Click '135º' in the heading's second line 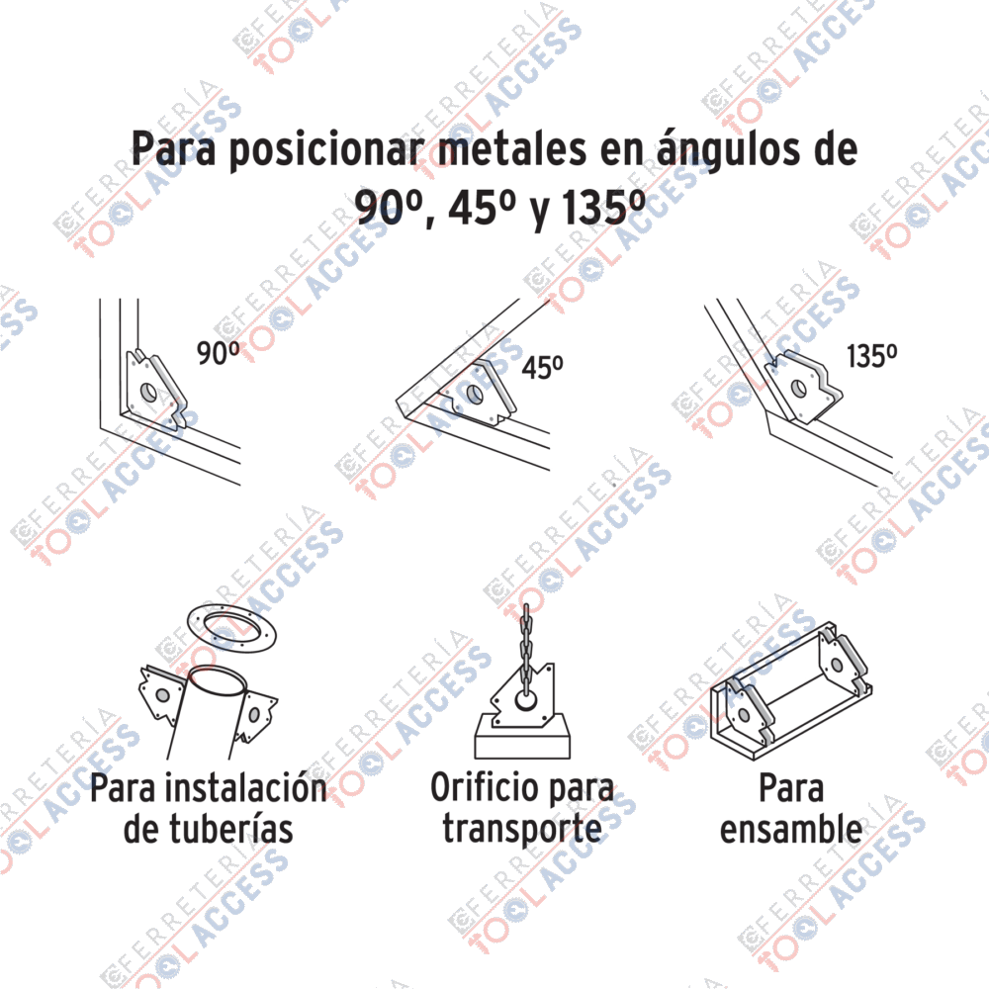(x=603, y=207)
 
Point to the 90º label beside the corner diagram (x=219, y=353)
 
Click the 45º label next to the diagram (x=542, y=367)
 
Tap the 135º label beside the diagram (x=871, y=356)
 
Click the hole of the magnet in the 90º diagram (x=149, y=392)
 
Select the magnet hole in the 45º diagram (x=475, y=395)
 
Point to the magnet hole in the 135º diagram (x=798, y=388)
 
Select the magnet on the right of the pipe (x=255, y=715)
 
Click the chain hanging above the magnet (x=526, y=651)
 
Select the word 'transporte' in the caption (x=521, y=830)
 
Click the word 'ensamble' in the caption (x=791, y=828)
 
